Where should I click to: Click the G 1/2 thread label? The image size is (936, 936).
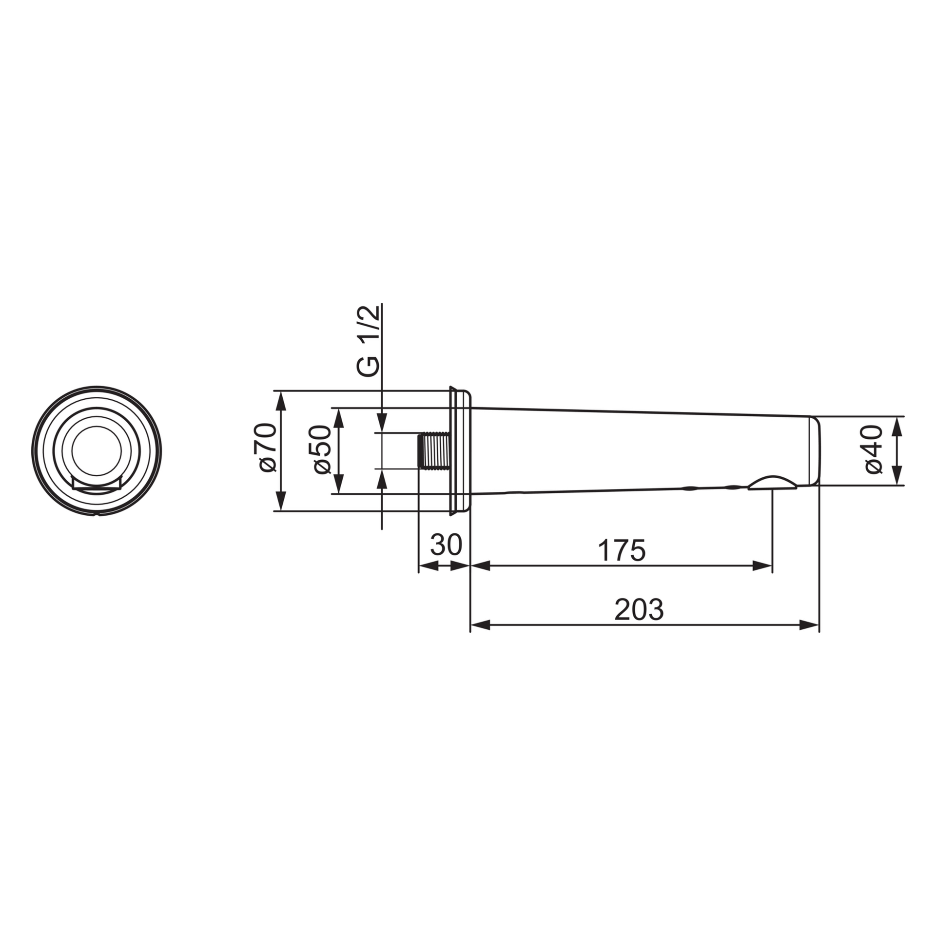(368, 341)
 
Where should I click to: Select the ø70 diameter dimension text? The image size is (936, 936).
(268, 448)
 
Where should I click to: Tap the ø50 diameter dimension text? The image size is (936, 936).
(322, 449)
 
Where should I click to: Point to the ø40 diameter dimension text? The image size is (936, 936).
(874, 449)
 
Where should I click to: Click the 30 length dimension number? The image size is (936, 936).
(446, 545)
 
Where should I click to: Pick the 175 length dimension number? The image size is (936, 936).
(622, 550)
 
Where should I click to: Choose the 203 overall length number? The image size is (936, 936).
(639, 609)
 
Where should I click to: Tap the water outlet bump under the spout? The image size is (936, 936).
(772, 483)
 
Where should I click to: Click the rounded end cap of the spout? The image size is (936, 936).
(815, 450)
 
